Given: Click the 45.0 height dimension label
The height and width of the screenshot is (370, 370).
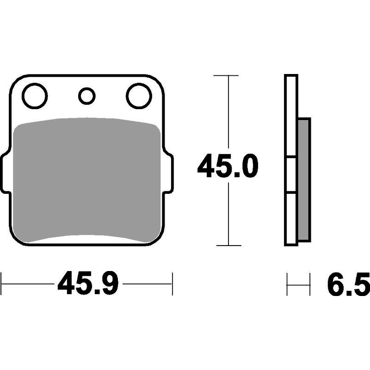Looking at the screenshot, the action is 228,166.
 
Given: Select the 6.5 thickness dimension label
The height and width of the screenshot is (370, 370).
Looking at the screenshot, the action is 349,284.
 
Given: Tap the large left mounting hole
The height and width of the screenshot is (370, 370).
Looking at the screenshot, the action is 35,96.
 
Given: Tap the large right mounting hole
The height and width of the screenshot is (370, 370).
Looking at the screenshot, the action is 139,96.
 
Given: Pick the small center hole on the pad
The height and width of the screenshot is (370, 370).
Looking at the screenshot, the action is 87,96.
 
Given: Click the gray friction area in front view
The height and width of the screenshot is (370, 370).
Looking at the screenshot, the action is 87,180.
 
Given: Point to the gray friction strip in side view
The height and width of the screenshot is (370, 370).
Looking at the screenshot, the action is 304,180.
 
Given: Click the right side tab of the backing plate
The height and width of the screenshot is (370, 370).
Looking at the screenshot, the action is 168,173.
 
